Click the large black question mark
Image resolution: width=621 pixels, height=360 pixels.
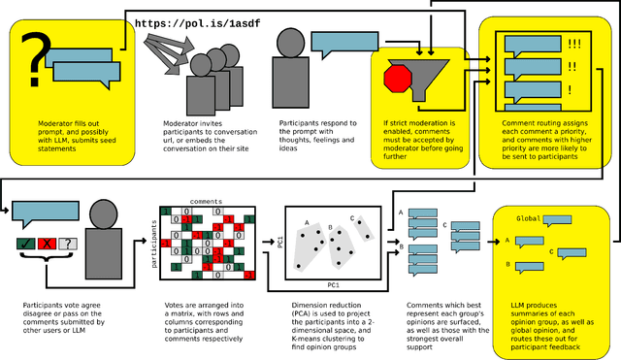pyautogui.click(x=36, y=57)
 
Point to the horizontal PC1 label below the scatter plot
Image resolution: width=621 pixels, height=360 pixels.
pyautogui.click(x=332, y=285)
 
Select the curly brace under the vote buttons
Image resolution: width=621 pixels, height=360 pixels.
pyautogui.click(x=45, y=261)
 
